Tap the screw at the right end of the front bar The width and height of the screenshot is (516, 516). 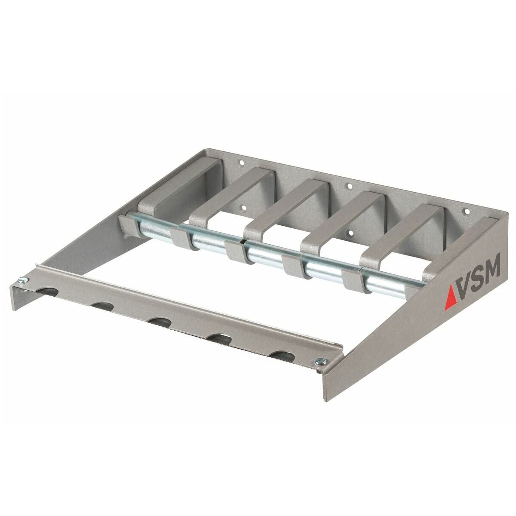[x=319, y=362]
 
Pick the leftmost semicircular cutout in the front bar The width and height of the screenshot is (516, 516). [x=45, y=292]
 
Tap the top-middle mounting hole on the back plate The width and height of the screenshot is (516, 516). [x=349, y=187]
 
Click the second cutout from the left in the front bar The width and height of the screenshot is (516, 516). [x=102, y=307]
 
